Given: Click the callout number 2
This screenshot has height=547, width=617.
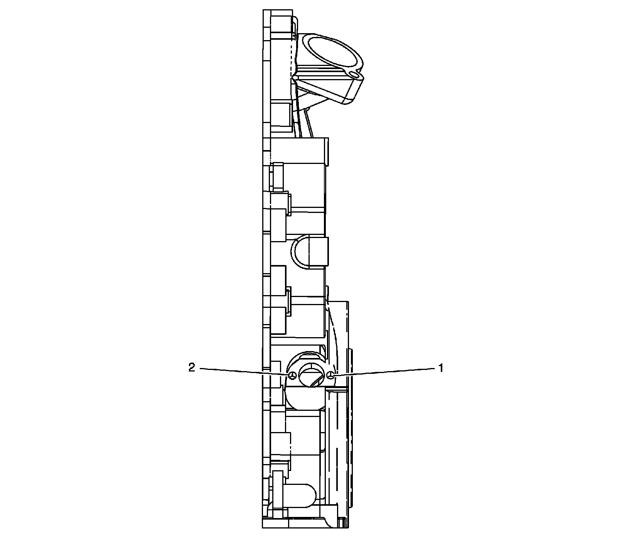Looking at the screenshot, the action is [x=192, y=368].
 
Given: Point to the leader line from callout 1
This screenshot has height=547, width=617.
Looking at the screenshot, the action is [x=384, y=372].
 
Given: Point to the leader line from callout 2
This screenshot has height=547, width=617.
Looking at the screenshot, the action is [x=245, y=372].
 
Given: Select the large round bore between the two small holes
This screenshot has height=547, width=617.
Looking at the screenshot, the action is [x=311, y=375].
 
